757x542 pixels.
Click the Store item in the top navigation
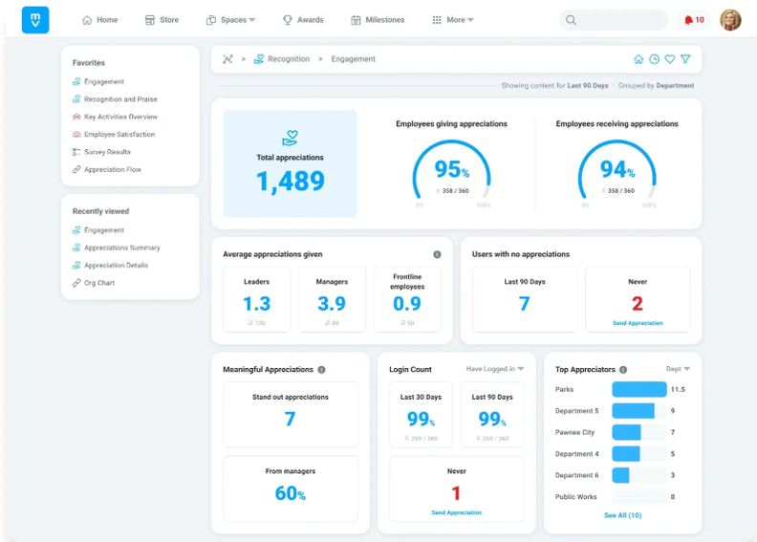pos(162,20)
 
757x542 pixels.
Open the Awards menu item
pos(303,20)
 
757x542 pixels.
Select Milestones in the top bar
pos(378,20)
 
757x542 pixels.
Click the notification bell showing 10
pos(694,20)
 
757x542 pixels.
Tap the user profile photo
pos(730,20)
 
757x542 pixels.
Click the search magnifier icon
pos(571,20)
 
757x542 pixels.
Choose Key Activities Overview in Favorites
pos(119,117)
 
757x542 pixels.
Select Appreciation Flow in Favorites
pos(112,169)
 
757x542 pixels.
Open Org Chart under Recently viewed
pos(98,283)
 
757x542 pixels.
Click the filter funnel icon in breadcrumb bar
pos(685,59)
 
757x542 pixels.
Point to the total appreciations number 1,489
pos(291,182)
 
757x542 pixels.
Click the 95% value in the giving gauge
pos(451,170)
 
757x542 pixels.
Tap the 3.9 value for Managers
pos(332,304)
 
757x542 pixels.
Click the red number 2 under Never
pos(638,304)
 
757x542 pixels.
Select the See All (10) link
pos(622,515)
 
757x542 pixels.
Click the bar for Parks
pos(638,390)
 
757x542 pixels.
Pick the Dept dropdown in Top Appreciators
pos(678,369)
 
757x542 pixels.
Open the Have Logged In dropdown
pos(495,369)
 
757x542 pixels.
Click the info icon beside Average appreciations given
pos(437,254)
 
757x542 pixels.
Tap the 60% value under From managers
pos(290,493)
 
